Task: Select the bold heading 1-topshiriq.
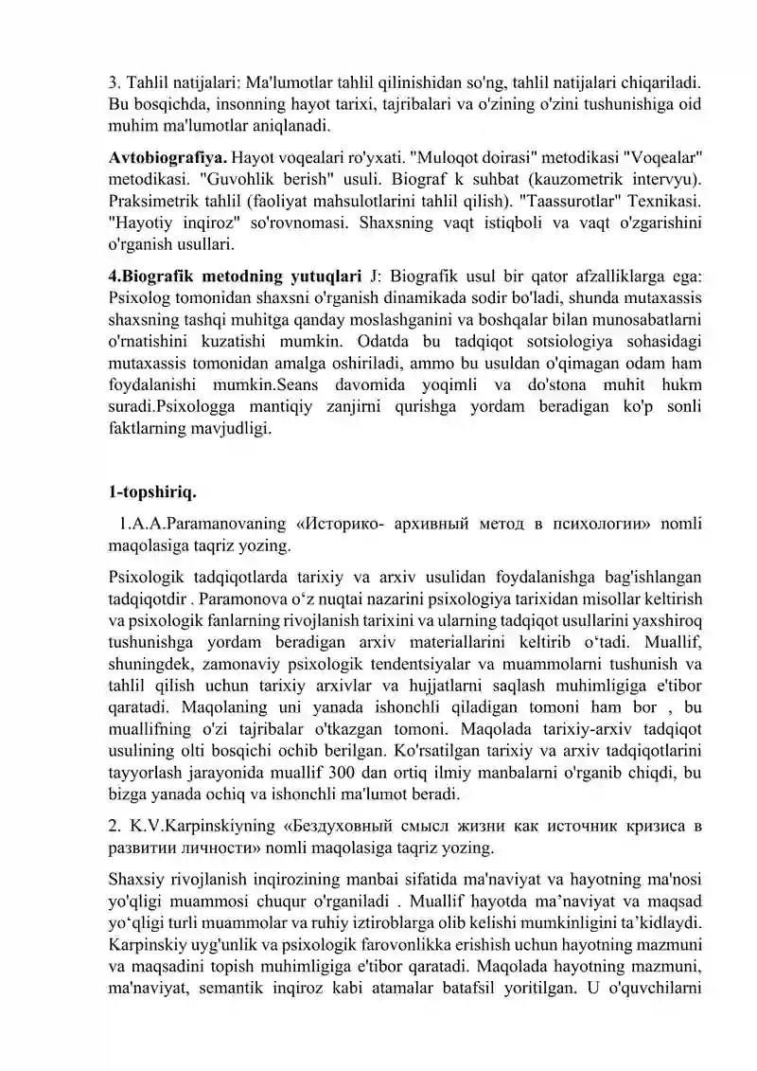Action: pyautogui.click(x=152, y=491)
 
